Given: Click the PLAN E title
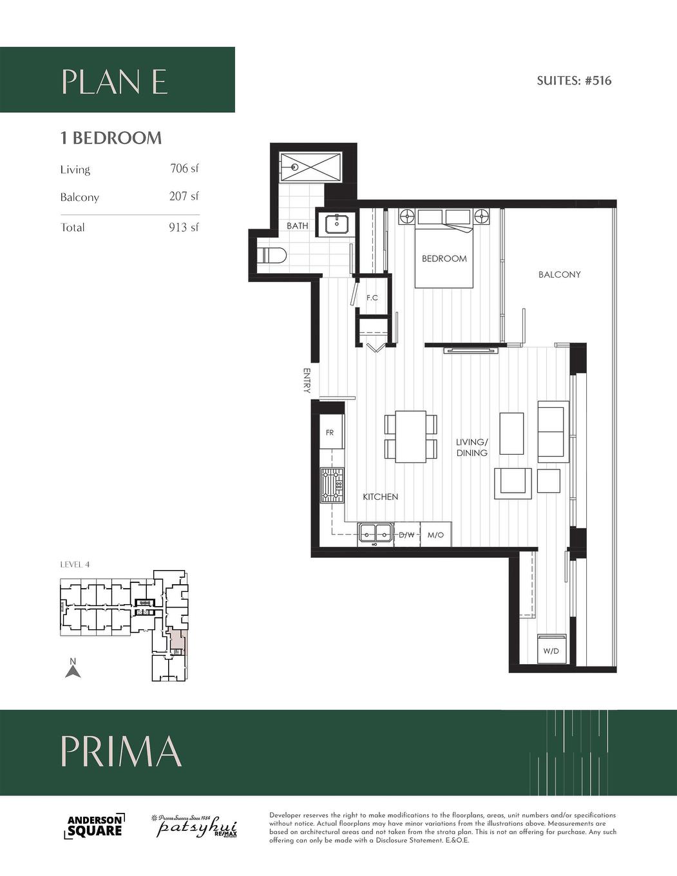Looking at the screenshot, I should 115,82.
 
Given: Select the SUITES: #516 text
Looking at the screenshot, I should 573,81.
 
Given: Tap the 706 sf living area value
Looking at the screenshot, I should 184,169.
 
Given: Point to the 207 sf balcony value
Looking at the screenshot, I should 184,196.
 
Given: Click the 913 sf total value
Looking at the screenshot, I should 184,227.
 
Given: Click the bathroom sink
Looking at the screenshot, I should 337,224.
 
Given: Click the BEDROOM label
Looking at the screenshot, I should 444,258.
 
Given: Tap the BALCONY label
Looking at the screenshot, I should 559,274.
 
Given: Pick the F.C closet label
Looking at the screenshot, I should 372,298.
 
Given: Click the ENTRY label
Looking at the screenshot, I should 307,380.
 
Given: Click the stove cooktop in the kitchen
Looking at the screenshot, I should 332,486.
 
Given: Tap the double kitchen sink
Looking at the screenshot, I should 376,533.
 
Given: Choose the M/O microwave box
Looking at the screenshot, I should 435,535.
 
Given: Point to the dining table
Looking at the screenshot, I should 410,436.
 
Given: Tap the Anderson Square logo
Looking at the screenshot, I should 95,826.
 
